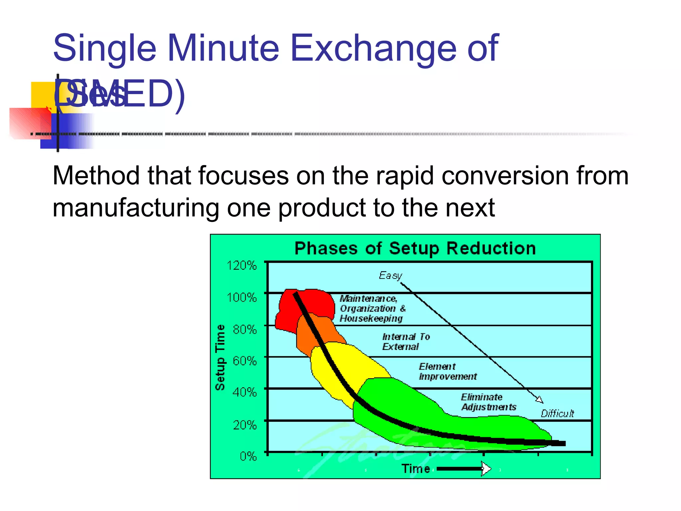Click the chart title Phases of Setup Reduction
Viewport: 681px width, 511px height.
pos(415,249)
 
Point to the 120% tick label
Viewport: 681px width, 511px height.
pos(241,265)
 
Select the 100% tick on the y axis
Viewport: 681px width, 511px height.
pos(241,297)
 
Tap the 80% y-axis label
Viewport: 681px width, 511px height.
pos(245,329)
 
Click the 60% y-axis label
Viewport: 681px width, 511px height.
pos(245,361)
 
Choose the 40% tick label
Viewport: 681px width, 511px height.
pos(245,392)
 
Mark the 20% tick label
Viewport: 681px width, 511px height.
pos(245,425)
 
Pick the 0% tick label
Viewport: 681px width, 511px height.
pos(248,456)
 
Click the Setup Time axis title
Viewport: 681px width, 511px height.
pos(220,357)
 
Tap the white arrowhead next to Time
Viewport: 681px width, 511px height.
pos(486,469)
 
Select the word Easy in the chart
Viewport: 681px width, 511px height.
pos(390,275)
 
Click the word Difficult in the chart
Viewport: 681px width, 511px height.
pos(557,414)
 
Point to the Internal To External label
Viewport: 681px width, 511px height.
pos(406,342)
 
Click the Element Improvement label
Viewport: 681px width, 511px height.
pos(448,371)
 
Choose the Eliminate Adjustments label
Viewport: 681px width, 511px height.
pos(488,402)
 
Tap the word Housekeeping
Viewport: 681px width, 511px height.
pos(371,319)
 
